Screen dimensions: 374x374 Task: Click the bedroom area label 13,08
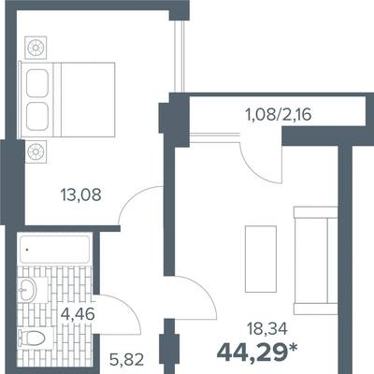pos(81,195)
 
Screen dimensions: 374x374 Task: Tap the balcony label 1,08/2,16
pos(279,115)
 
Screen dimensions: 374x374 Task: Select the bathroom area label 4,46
pos(78,314)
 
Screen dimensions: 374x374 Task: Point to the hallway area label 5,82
pos(127,359)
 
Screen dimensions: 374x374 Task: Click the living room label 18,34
pos(266,329)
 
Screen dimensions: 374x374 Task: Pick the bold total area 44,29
pos(252,352)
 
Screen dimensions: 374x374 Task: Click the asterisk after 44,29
pos(293,348)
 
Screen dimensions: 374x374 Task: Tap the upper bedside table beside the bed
pos(36,48)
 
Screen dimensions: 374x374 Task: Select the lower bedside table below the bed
pos(36,151)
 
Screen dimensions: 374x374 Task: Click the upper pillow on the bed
pos(37,83)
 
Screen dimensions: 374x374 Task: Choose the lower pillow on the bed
pos(37,117)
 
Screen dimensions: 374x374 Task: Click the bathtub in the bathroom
pos(55,250)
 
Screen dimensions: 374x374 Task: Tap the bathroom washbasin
pos(27,289)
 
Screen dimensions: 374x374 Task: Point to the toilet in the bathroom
pos(31,338)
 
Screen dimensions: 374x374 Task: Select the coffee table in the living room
pos(261,259)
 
